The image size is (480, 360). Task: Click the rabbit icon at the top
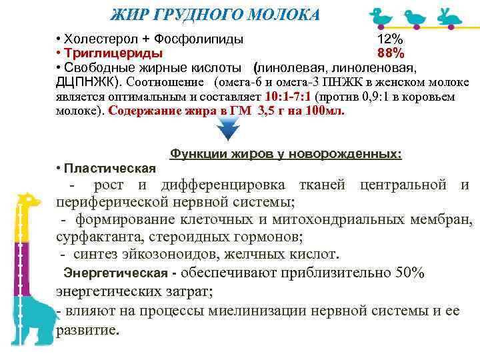(x=451, y=17)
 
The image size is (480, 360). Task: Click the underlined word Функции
(x=199, y=153)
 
